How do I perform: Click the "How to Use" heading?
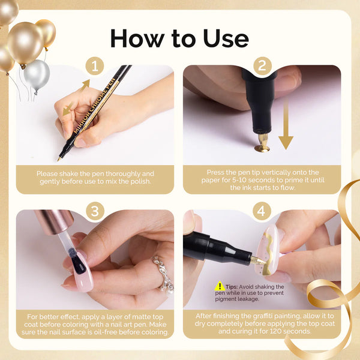click(179, 38)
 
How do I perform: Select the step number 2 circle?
click(262, 65)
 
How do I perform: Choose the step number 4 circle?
click(262, 211)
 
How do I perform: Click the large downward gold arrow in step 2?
click(286, 127)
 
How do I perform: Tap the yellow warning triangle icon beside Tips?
click(220, 286)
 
